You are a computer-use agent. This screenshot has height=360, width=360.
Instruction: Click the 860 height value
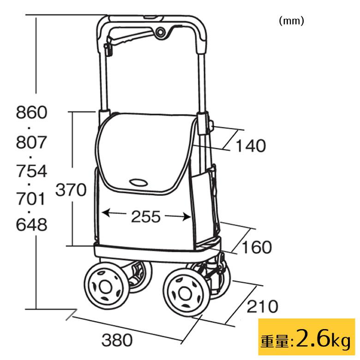click(32, 112)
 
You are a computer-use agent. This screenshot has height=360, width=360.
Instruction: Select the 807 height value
click(32, 142)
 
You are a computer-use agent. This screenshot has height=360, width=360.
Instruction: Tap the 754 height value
click(32, 171)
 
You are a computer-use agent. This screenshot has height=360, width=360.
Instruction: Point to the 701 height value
click(30, 199)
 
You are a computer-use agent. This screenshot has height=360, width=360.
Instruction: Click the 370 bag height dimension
click(71, 190)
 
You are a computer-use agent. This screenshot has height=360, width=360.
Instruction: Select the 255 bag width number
click(145, 216)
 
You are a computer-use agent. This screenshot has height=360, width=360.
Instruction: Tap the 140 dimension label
click(251, 146)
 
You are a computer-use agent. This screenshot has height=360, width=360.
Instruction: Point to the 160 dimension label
click(257, 247)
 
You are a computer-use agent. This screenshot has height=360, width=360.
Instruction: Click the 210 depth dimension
click(263, 306)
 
